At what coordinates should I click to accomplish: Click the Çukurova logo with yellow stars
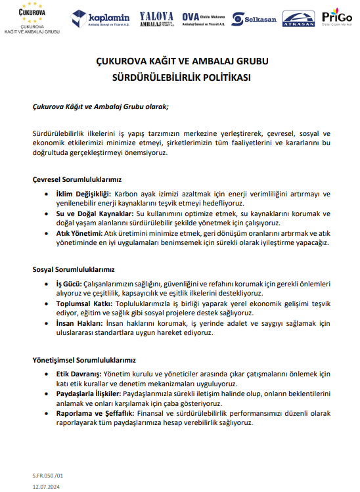click(x=34, y=18)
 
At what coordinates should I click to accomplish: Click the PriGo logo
click(x=336, y=18)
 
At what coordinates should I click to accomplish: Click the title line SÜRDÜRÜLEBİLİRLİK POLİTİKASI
click(x=179, y=76)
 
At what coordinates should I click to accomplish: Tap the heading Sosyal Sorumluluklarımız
click(x=74, y=269)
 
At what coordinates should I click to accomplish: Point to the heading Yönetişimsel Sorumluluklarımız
click(x=84, y=360)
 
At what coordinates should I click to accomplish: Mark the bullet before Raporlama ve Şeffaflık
click(x=47, y=414)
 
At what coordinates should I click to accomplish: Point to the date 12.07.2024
click(x=47, y=485)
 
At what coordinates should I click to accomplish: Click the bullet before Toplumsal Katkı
click(x=47, y=303)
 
